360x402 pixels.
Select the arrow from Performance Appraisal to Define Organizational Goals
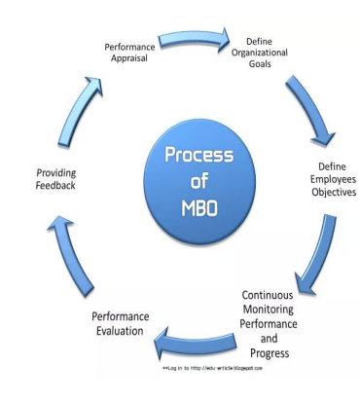click(x=192, y=42)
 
